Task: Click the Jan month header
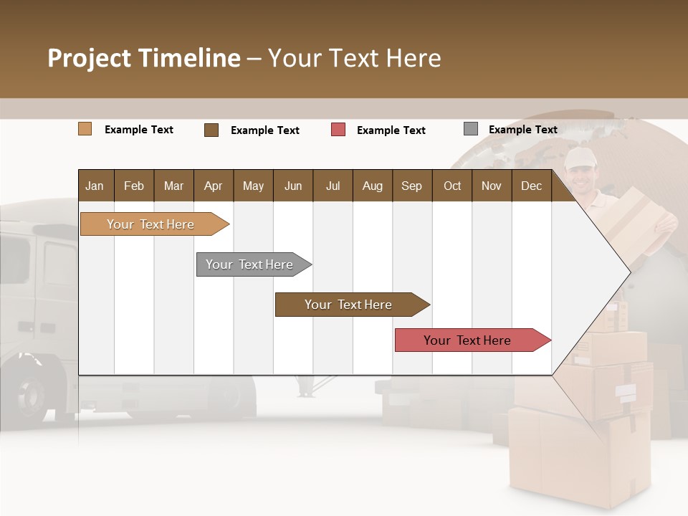95,186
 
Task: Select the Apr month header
214,186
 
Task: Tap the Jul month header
333,186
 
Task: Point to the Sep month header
411,186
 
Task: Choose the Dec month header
531,186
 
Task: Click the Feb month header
134,186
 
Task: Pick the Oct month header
452,186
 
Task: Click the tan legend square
85,129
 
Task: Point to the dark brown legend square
211,130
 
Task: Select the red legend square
338,130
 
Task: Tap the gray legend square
471,129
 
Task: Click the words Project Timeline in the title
144,58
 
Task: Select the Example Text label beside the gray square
522,130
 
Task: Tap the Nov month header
492,186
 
